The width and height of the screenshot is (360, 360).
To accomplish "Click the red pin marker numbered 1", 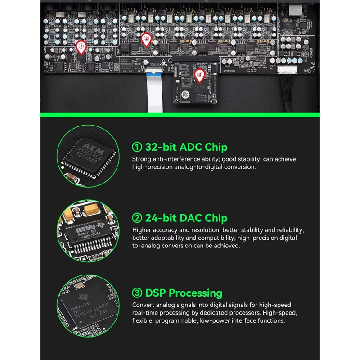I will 81,47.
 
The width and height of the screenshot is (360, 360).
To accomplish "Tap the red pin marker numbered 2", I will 146,40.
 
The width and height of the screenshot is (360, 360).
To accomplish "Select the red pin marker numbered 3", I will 199,75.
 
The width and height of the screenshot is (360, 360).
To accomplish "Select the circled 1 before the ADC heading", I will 137,147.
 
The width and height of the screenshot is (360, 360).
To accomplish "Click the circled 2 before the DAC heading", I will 137,218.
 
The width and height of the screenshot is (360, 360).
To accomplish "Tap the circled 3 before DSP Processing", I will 137,293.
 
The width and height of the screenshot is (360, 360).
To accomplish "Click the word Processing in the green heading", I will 194,293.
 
